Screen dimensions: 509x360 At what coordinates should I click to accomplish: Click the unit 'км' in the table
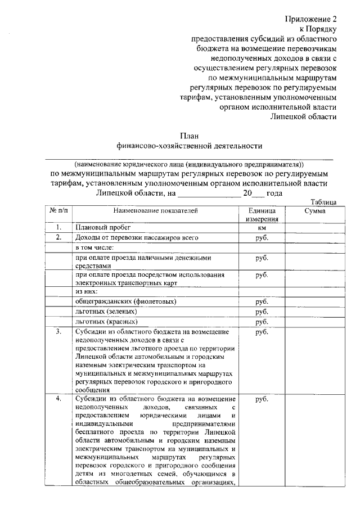click(x=261, y=228)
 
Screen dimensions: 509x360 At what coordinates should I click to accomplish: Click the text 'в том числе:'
click(x=95, y=247)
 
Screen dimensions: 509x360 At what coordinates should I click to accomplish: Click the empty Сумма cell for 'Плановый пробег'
click(x=311, y=228)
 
